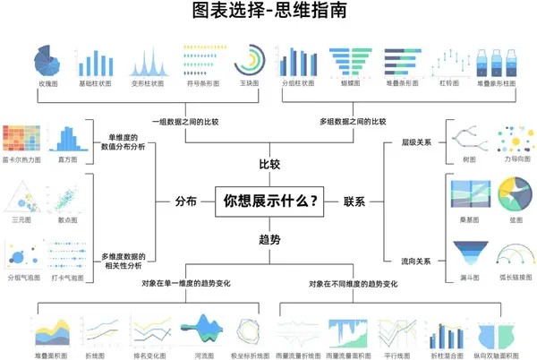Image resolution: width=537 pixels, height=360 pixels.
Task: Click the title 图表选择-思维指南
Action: [x=268, y=13]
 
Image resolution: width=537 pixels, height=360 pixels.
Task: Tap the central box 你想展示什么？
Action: [x=269, y=201]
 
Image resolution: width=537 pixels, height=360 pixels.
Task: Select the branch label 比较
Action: [x=269, y=164]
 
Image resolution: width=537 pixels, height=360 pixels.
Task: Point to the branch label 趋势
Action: [x=269, y=239]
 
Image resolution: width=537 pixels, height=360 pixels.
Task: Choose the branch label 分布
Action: [x=185, y=201]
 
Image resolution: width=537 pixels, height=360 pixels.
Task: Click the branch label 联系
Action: [x=355, y=201]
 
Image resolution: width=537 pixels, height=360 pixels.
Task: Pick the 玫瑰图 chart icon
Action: [x=48, y=60]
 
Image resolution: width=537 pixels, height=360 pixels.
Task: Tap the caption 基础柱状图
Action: [x=97, y=83]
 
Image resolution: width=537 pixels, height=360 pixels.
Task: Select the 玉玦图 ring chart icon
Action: [x=248, y=60]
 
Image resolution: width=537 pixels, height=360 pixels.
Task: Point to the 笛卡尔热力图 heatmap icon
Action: [x=21, y=139]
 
